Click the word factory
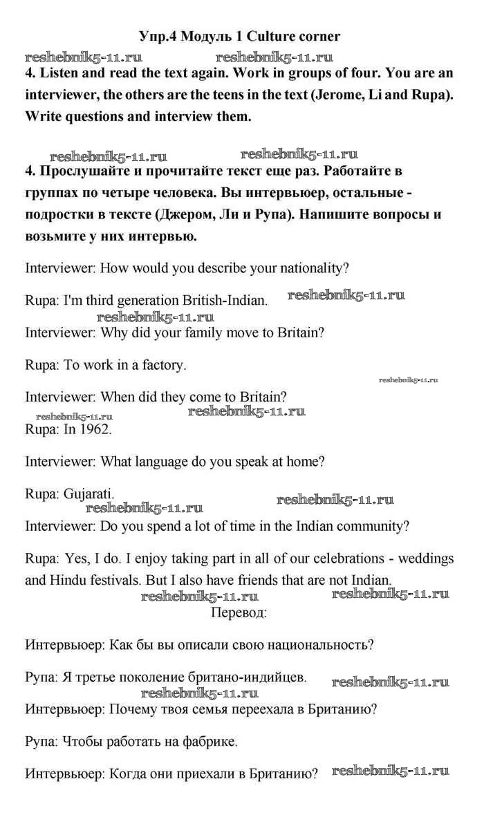tap(163, 365)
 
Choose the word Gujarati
tap(89, 494)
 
